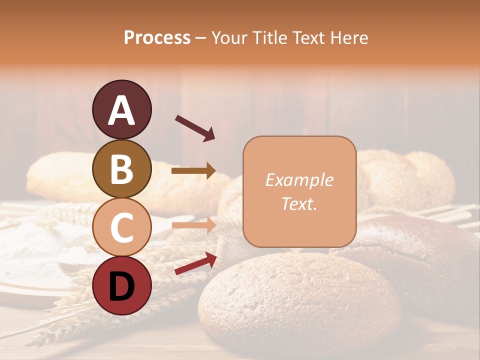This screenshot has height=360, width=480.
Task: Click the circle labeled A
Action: (121, 109)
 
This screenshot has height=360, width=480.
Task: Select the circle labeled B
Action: (121, 168)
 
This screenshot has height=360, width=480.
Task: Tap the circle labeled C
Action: (121, 227)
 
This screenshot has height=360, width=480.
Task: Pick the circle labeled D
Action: (121, 285)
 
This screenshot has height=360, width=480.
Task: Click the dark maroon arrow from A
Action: (195, 127)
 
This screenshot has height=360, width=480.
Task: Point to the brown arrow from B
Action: (193, 171)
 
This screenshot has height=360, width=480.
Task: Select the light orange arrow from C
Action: (193, 225)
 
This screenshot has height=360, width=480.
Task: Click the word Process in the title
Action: (157, 37)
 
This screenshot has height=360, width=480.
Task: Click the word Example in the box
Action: (299, 180)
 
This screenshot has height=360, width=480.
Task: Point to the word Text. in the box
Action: (299, 203)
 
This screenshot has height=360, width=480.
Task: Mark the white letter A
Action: (121, 110)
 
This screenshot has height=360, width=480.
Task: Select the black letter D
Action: (121, 286)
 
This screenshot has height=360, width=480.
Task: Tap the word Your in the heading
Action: (230, 37)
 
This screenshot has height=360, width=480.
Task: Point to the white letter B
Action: (121, 169)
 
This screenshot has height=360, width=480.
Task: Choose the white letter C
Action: (121, 227)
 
